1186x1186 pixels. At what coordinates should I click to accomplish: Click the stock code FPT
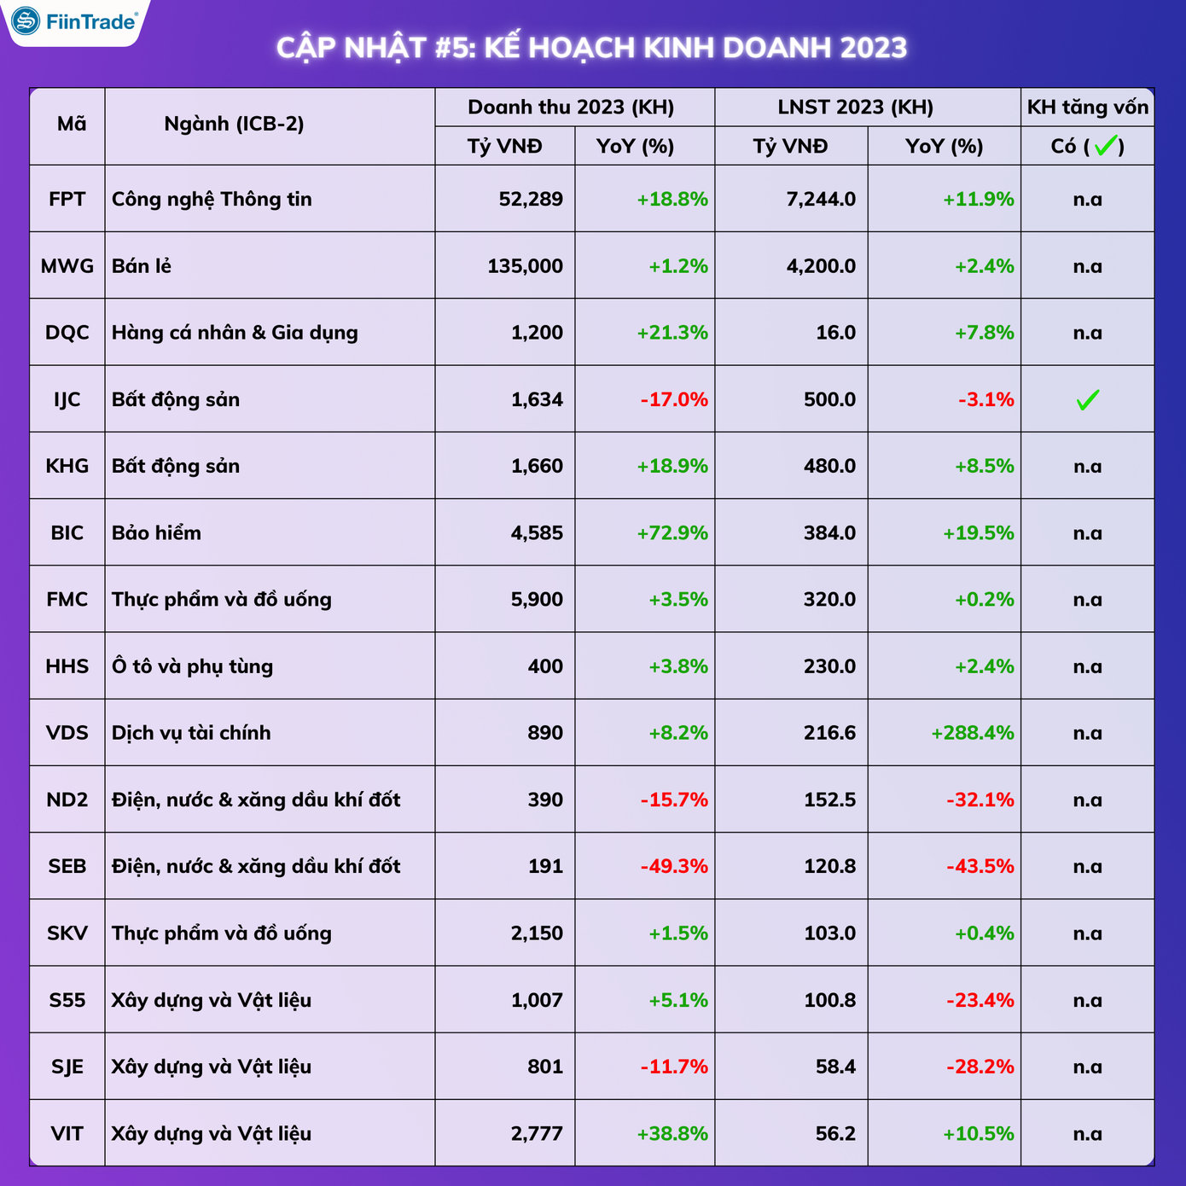pos(67,199)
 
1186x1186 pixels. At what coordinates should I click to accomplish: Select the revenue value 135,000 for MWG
pos(525,266)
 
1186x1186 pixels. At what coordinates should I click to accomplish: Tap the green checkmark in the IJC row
pos(1087,399)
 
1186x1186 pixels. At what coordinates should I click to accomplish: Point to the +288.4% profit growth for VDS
pos(972,733)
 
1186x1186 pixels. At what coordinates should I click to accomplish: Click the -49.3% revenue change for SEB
pos(674,866)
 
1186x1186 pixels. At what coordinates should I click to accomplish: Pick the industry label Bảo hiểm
pos(156,533)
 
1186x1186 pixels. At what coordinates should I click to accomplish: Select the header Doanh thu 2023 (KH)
pos(571,108)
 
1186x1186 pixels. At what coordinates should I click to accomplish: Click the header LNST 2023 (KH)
pos(855,108)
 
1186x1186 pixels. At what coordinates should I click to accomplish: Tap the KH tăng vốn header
pos(1087,108)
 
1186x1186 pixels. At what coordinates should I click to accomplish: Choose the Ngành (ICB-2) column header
pos(234,125)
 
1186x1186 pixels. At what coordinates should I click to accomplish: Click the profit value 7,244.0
pos(821,200)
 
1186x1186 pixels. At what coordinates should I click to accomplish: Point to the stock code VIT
pos(67,1133)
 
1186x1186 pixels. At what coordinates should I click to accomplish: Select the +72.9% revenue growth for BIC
pos(672,533)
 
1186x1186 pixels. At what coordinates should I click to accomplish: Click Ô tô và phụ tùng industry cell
pos(192,666)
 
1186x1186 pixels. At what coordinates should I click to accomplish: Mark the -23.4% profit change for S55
pos(980,1000)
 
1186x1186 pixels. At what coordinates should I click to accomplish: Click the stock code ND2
pos(67,799)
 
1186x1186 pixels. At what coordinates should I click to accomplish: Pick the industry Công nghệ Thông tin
pos(212,200)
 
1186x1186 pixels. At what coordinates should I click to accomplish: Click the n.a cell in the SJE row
pos(1087,1067)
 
